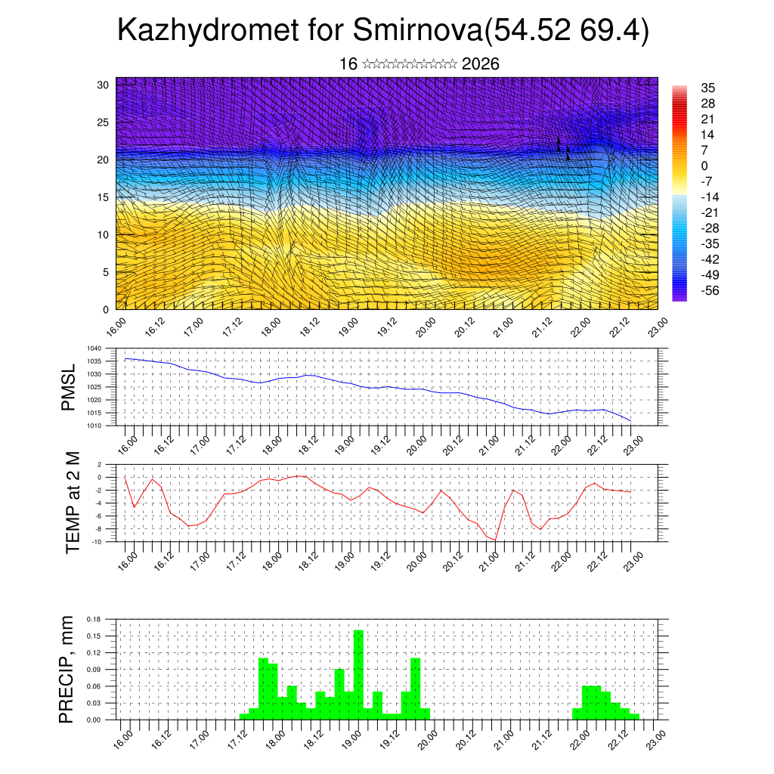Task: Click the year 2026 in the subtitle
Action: [x=480, y=64]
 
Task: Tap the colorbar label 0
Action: [x=704, y=166]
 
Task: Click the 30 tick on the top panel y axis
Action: [x=104, y=85]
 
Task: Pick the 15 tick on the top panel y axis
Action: [x=104, y=197]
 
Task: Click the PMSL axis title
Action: [x=68, y=387]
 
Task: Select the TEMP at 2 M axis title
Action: [x=73, y=502]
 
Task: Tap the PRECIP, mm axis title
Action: [x=68, y=669]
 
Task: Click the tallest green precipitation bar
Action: [x=358, y=673]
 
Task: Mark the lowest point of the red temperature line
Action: [x=496, y=540]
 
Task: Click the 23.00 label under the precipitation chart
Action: [x=655, y=739]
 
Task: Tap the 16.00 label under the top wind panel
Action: [x=116, y=327]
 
